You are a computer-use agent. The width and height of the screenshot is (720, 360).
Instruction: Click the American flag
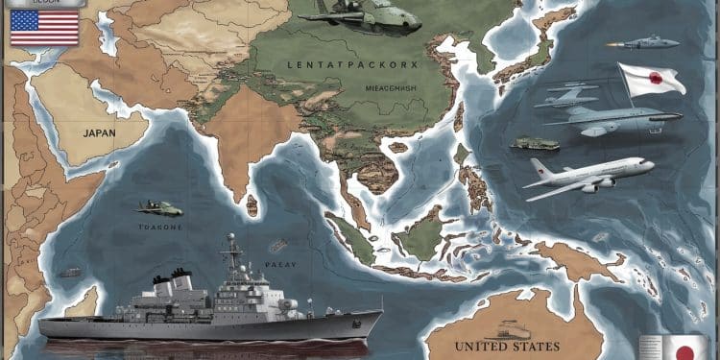[x=44, y=28]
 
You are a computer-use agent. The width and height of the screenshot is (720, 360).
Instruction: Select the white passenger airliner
[x=588, y=177]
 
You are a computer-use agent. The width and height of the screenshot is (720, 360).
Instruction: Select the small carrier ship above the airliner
[x=535, y=144]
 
